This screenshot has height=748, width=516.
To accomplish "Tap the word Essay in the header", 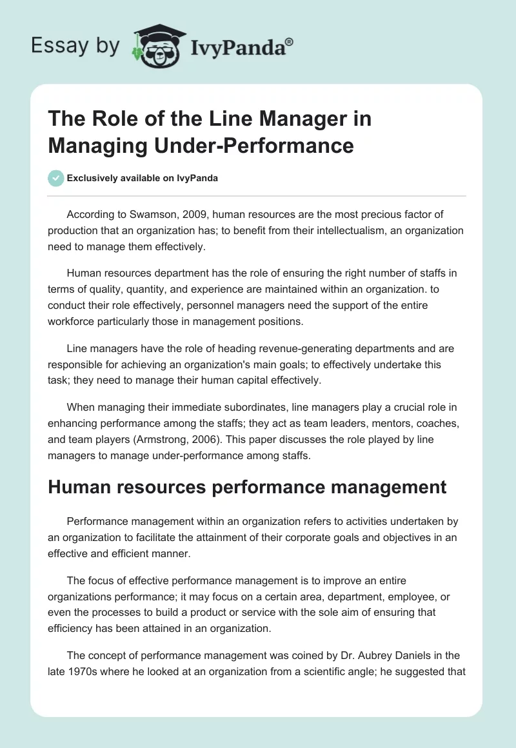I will [x=52, y=45].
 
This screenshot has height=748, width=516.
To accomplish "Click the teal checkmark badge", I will [x=55, y=178].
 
